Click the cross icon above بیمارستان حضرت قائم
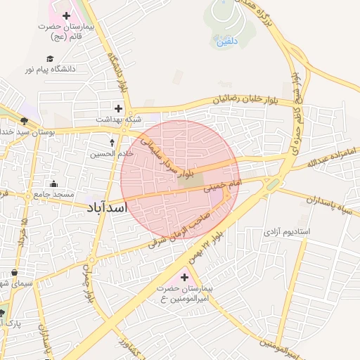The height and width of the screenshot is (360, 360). click(x=66, y=15)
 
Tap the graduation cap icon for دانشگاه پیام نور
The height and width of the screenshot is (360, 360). click(x=50, y=59)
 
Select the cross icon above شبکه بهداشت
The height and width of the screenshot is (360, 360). click(x=118, y=108)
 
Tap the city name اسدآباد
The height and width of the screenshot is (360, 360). click(x=115, y=208)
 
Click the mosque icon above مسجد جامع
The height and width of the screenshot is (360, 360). click(x=53, y=185)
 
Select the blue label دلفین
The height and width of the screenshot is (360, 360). click(x=226, y=41)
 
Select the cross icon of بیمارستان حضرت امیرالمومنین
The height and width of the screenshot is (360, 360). click(x=184, y=277)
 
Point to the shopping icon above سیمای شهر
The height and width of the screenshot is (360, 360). click(x=14, y=273)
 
